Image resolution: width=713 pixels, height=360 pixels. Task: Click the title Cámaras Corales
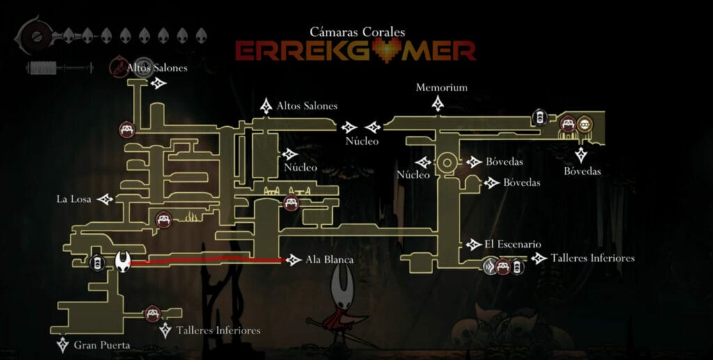click(x=357, y=31)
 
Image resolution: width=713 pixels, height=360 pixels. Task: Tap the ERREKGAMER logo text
click(x=355, y=50)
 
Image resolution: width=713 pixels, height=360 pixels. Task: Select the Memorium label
click(x=441, y=88)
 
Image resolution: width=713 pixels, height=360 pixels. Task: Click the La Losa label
click(x=74, y=199)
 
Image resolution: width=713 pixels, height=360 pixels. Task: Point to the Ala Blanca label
click(x=329, y=260)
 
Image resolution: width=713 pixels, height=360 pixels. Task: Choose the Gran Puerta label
click(x=102, y=345)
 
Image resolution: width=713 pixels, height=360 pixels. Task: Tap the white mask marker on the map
click(x=123, y=261)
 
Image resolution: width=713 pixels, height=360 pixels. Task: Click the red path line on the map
click(x=209, y=261)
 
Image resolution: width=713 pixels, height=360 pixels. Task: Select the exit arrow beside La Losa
click(x=106, y=200)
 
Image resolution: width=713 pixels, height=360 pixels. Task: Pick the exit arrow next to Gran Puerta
click(x=63, y=345)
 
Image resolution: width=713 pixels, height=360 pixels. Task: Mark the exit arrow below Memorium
click(x=438, y=104)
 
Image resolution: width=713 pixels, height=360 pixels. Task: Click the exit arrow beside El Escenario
click(x=474, y=244)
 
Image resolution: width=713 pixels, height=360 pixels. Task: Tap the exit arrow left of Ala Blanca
click(x=293, y=260)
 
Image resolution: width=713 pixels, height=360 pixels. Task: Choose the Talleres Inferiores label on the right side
click(x=593, y=258)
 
